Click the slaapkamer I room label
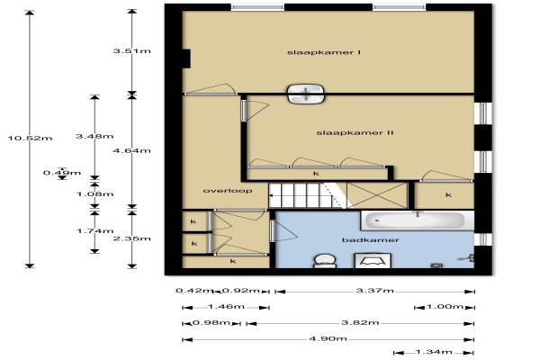pyautogui.click(x=324, y=52)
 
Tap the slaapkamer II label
pyautogui.click(x=355, y=132)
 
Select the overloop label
pyautogui.click(x=228, y=191)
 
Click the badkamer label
pyautogui.click(x=370, y=239)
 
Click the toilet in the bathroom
pyautogui.click(x=324, y=261)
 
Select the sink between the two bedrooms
pyautogui.click(x=306, y=94)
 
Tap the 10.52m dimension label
pyautogui.click(x=31, y=138)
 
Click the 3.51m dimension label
pyautogui.click(x=132, y=51)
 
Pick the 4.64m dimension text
pyautogui.click(x=132, y=150)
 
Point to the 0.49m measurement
pyautogui.click(x=62, y=173)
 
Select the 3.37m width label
pyautogui.click(x=374, y=291)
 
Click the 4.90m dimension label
pyautogui.click(x=328, y=338)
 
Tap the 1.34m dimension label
pyautogui.click(x=434, y=352)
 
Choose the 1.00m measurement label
pyautogui.click(x=445, y=306)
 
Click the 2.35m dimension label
pyautogui.click(x=132, y=238)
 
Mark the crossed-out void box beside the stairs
pyautogui.click(x=377, y=195)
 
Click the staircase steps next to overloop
pyautogui.click(x=303, y=195)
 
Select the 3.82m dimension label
pyautogui.click(x=360, y=323)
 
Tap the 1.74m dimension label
pyautogui.click(x=94, y=230)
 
